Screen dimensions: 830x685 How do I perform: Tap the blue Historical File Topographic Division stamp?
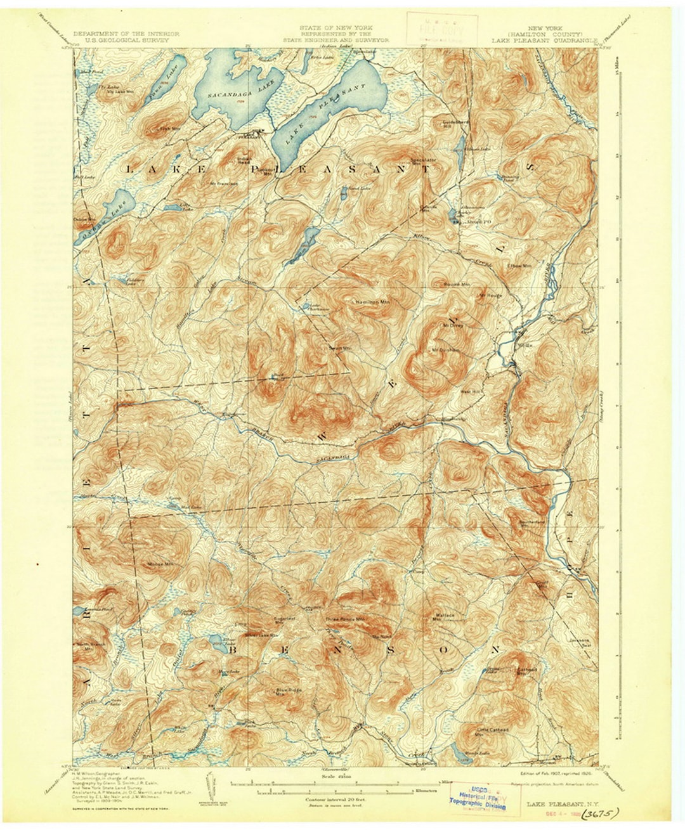click(x=479, y=796)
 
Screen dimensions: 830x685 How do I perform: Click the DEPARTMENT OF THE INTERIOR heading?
click(x=126, y=34)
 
